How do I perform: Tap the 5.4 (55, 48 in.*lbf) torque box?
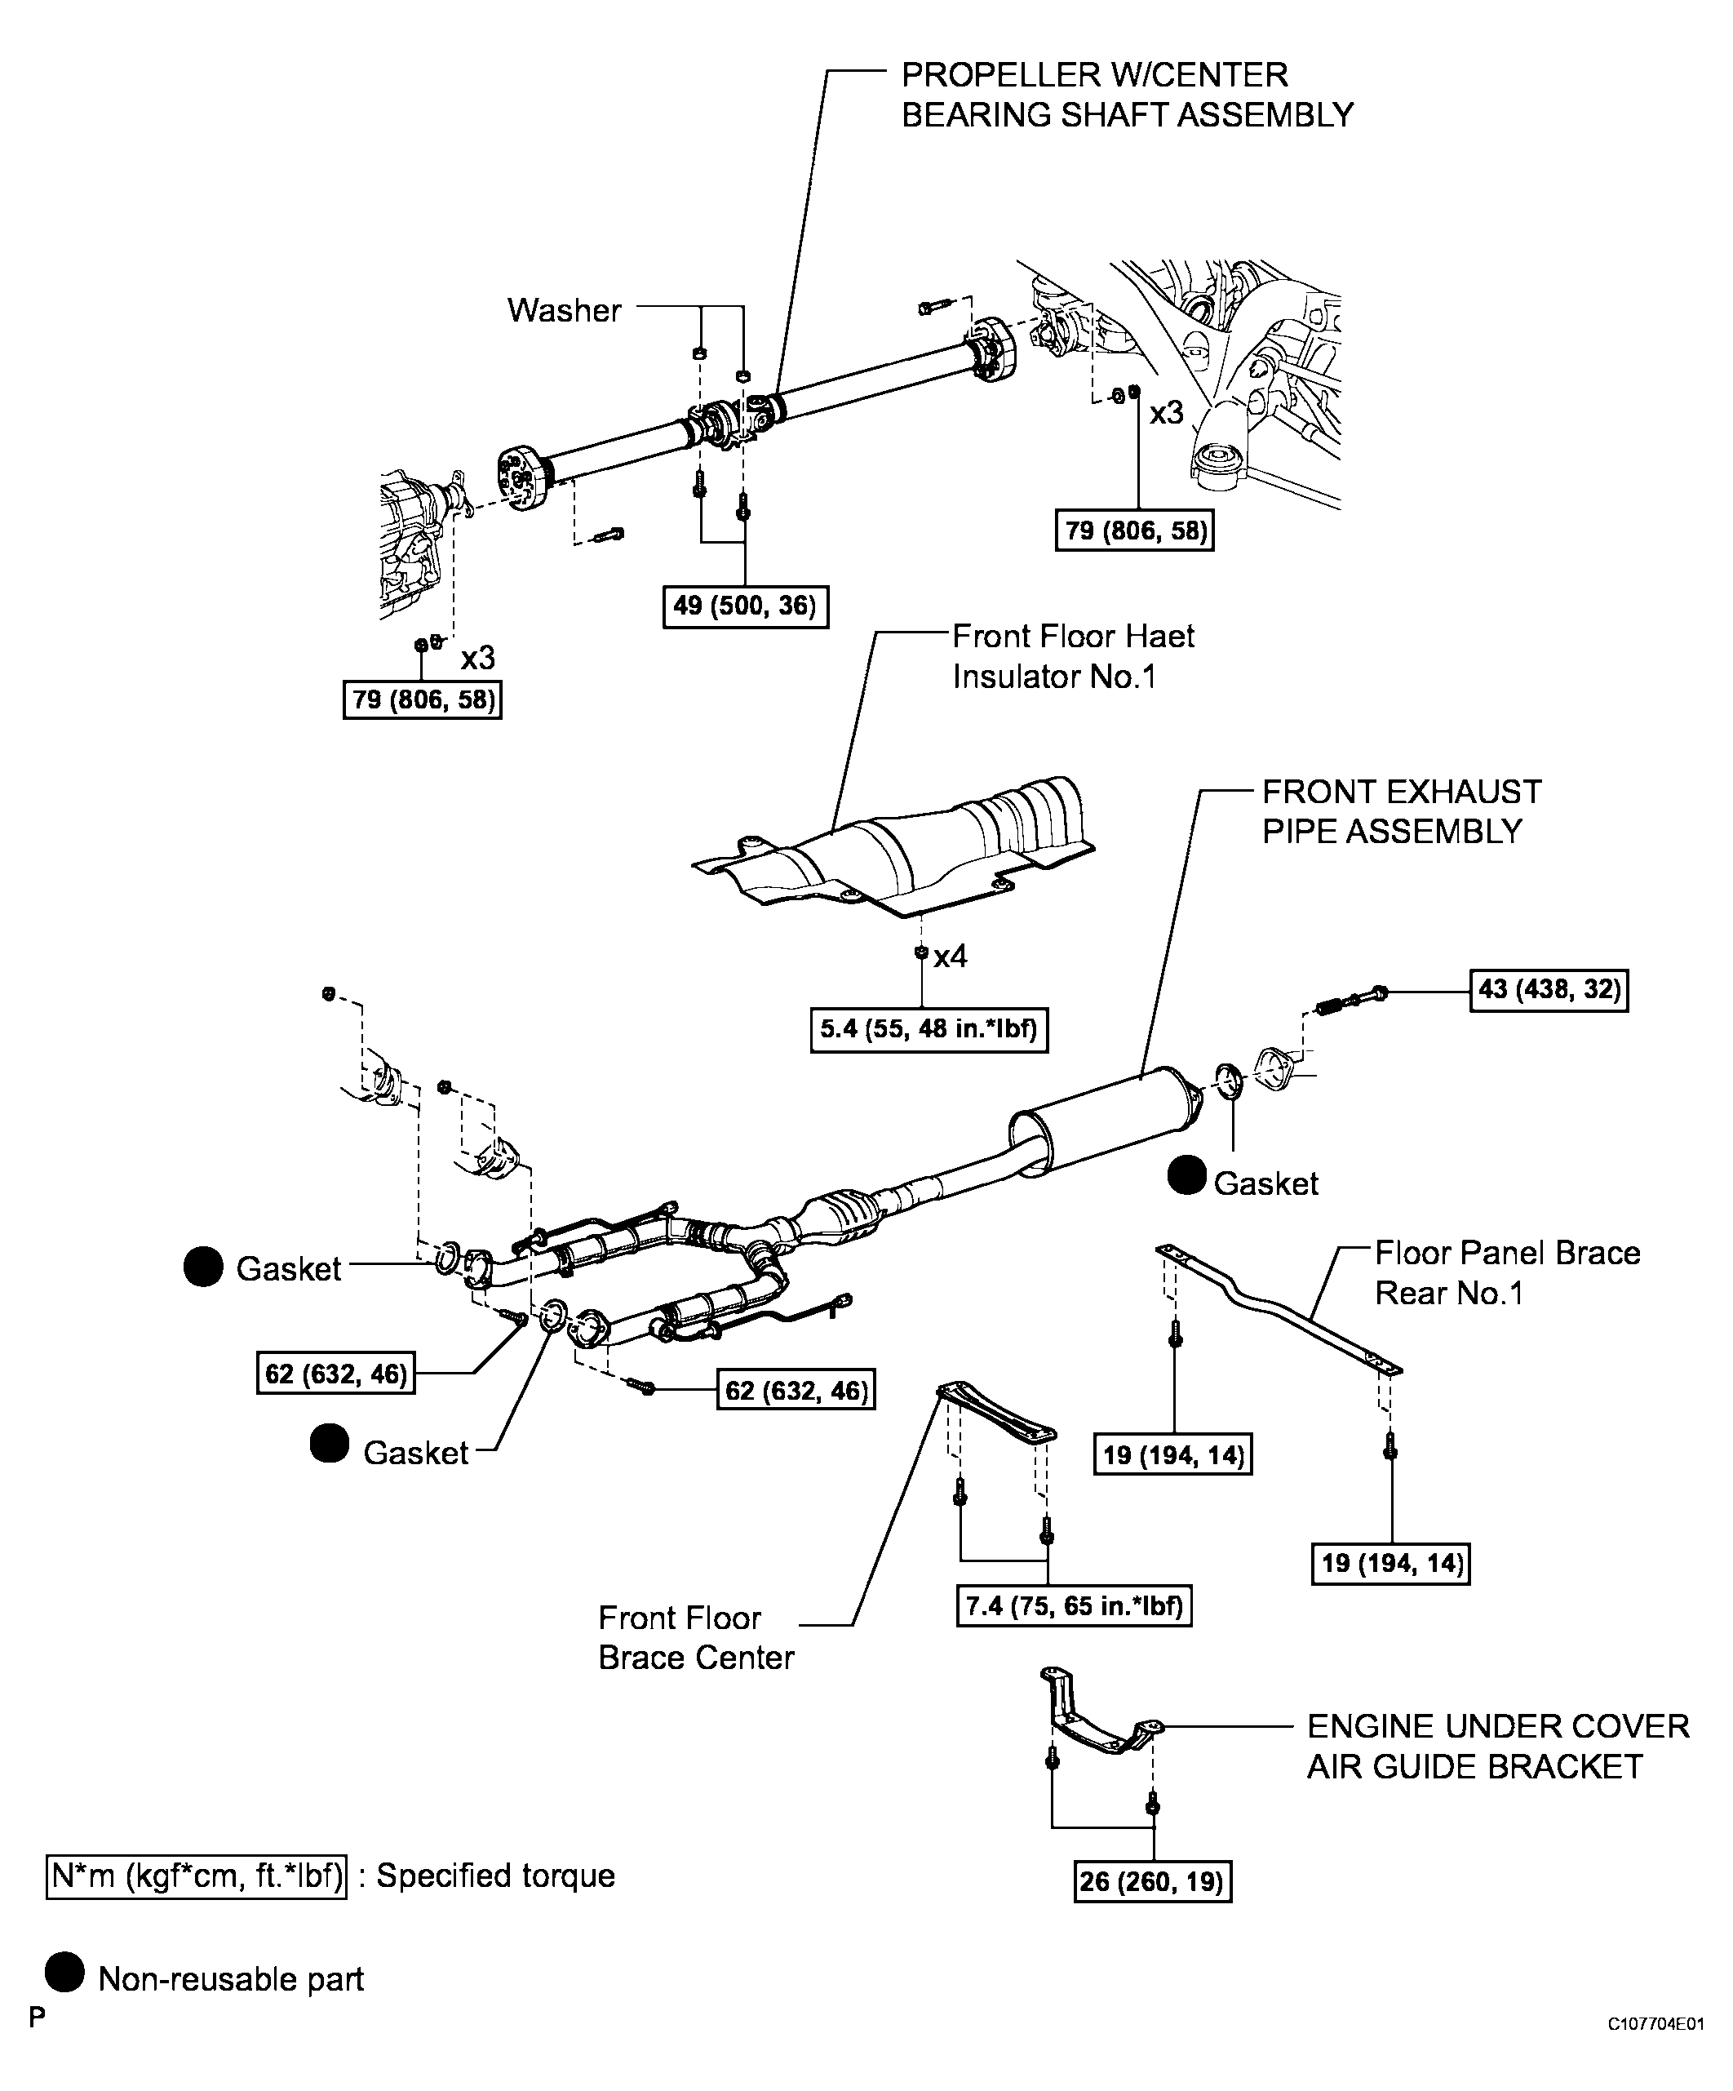tap(928, 1029)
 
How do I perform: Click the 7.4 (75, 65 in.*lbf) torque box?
tap(1073, 1606)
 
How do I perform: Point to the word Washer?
tap(564, 311)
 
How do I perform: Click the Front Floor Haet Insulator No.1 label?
tap(1072, 656)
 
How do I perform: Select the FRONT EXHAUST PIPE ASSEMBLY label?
tap(1401, 811)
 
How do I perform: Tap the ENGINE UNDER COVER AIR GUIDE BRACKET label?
tap(1497, 1746)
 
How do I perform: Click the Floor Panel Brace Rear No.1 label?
tap(1506, 1272)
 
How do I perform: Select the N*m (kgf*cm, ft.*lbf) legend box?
tap(196, 1876)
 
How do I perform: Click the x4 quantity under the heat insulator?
tap(950, 957)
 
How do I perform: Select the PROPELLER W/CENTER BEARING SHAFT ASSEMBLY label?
tap(1126, 95)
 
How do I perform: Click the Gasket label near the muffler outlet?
tap(1265, 1184)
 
